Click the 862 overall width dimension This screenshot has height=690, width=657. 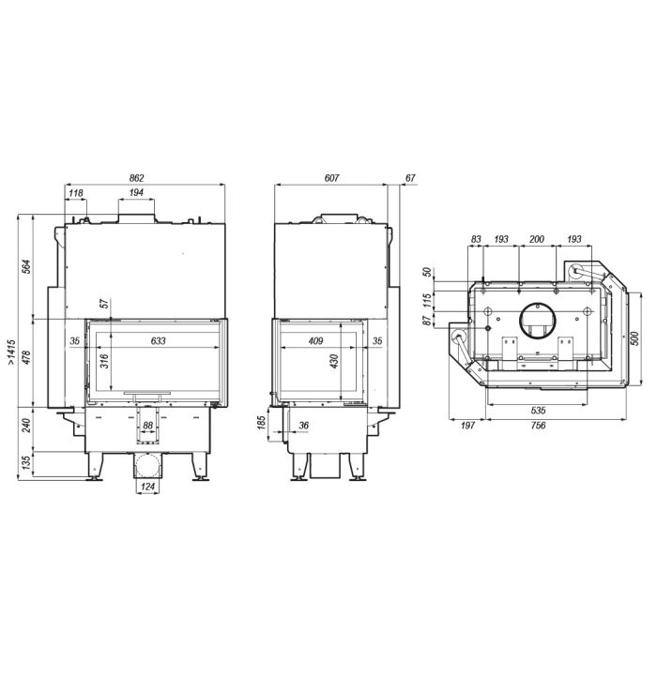pyautogui.click(x=137, y=178)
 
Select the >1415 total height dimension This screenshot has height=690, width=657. pyautogui.click(x=11, y=352)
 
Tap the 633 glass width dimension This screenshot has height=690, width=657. pyautogui.click(x=159, y=340)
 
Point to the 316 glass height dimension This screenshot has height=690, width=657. pyautogui.click(x=104, y=361)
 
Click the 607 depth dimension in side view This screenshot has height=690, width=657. pyautogui.click(x=331, y=178)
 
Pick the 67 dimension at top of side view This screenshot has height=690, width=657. pyautogui.click(x=410, y=178)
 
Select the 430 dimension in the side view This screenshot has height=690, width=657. pyautogui.click(x=334, y=361)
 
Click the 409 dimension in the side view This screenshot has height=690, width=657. pyautogui.click(x=315, y=340)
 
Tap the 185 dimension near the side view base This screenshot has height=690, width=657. pyautogui.click(x=261, y=423)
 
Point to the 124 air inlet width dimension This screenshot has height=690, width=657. pyautogui.click(x=147, y=487)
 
